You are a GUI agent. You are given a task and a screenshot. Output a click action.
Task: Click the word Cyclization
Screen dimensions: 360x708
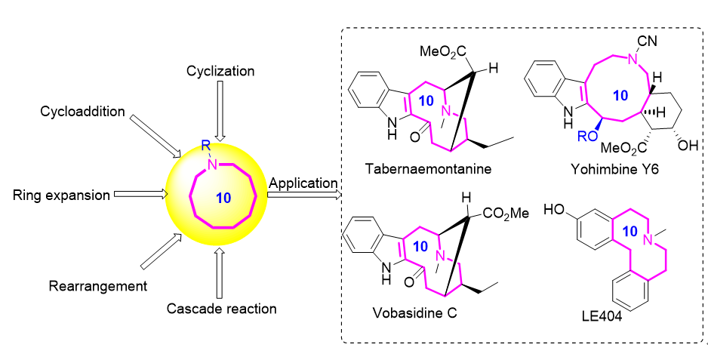pos(220,71)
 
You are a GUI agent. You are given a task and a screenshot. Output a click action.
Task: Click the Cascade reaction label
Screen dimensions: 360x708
pos(220,308)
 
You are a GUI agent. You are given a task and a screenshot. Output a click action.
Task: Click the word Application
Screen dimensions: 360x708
pos(302,183)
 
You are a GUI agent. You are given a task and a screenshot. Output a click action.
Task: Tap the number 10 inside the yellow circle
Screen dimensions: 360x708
pos(223,198)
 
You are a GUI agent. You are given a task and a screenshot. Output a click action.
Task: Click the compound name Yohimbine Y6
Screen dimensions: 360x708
pos(618,171)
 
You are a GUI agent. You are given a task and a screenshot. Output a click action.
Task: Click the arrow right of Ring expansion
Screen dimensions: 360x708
pos(140,195)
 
